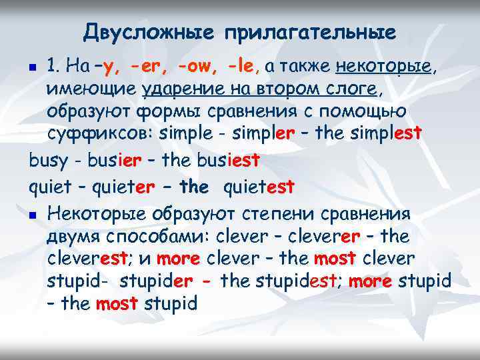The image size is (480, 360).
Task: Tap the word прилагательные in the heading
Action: tap(309, 31)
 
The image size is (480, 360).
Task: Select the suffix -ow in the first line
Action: tap(199, 66)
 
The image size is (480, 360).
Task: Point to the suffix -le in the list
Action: tap(241, 66)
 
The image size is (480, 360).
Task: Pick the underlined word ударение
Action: tap(176, 89)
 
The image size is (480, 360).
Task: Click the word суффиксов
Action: tap(99, 133)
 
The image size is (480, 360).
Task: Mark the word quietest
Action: tap(259, 188)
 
